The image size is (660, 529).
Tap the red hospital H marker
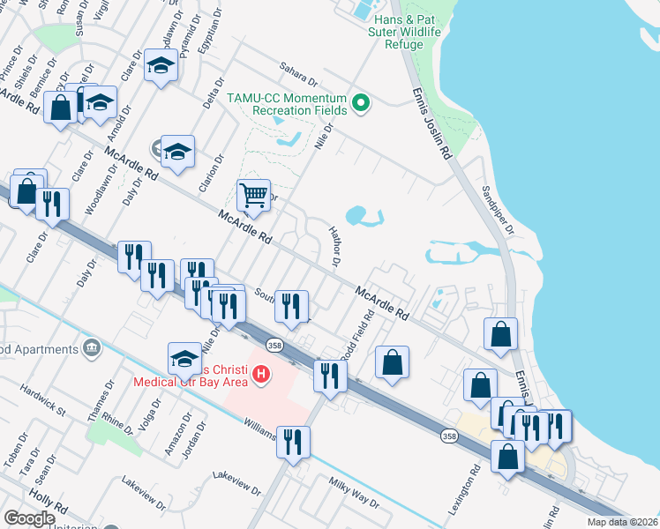click(260, 375)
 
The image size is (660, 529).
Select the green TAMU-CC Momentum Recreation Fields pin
click(360, 103)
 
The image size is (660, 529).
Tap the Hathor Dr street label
click(334, 245)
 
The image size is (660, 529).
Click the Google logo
click(30, 518)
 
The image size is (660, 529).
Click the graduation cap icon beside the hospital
click(184, 358)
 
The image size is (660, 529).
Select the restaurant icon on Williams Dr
click(294, 441)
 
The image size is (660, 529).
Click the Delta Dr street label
click(210, 114)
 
